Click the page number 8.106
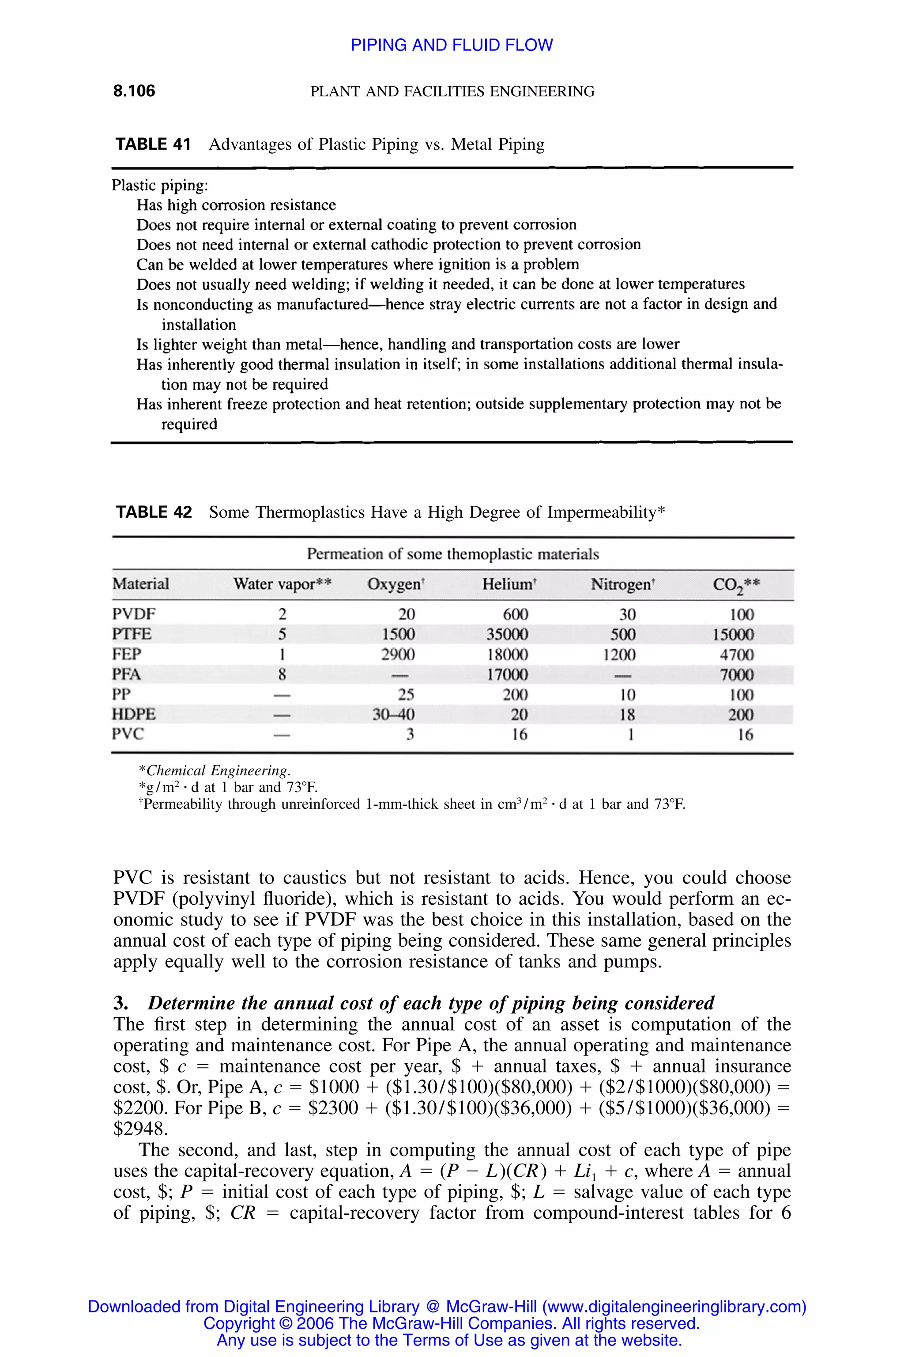(x=134, y=91)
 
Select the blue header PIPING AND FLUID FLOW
(x=452, y=45)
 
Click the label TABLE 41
(x=153, y=144)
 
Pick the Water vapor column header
(x=282, y=584)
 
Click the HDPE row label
(x=134, y=714)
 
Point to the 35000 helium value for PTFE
(x=507, y=635)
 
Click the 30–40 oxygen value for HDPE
(x=393, y=715)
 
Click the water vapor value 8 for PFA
(x=282, y=675)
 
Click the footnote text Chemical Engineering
(x=218, y=771)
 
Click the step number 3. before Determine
(x=121, y=1003)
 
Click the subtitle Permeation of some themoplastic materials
(x=452, y=554)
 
